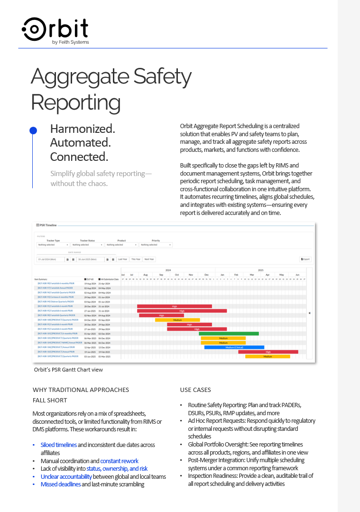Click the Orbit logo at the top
point(55,29)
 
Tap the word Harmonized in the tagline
point(83,129)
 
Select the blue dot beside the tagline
point(33,130)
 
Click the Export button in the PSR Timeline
point(305,259)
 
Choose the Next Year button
point(149,259)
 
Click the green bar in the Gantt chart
point(229,334)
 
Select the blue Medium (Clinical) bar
point(234,347)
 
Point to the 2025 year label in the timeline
point(260,270)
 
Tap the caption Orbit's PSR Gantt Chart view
point(68,370)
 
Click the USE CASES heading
point(195,390)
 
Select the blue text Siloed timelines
point(59,445)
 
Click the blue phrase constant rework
point(119,461)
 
